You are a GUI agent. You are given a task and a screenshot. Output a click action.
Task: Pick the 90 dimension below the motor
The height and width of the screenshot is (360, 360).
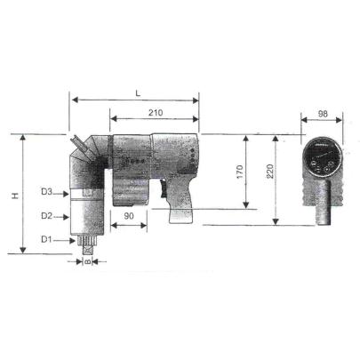pos(129,215)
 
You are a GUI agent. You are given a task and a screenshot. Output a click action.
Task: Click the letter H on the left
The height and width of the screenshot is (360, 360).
pos(15,195)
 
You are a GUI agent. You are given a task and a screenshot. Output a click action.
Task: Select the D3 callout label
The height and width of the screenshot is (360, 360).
pos(49,192)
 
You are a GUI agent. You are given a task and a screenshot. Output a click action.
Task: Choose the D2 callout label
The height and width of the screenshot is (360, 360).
pos(49,215)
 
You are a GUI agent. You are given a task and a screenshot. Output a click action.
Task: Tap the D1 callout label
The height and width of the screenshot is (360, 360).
pos(49,238)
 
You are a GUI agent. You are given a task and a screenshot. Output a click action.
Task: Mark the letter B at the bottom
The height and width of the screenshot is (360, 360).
pos(88,262)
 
